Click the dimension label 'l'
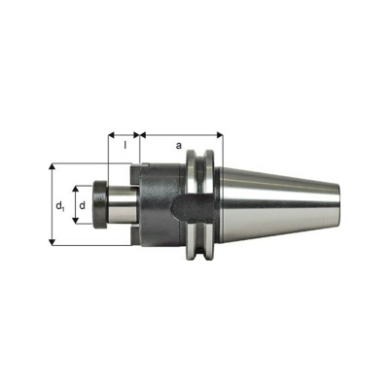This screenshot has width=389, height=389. [125, 146]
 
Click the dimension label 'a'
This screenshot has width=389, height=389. [178, 146]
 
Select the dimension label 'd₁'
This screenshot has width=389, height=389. [60, 205]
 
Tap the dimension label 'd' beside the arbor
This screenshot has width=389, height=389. [83, 205]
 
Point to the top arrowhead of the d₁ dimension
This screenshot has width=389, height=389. [52, 167]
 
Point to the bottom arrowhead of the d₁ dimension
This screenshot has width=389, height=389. [52, 242]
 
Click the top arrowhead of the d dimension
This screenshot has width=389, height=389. [75, 190]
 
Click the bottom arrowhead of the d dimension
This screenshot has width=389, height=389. [75, 220]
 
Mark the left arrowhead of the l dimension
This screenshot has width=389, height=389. [112, 135]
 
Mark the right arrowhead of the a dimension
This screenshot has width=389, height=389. [220, 135]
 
